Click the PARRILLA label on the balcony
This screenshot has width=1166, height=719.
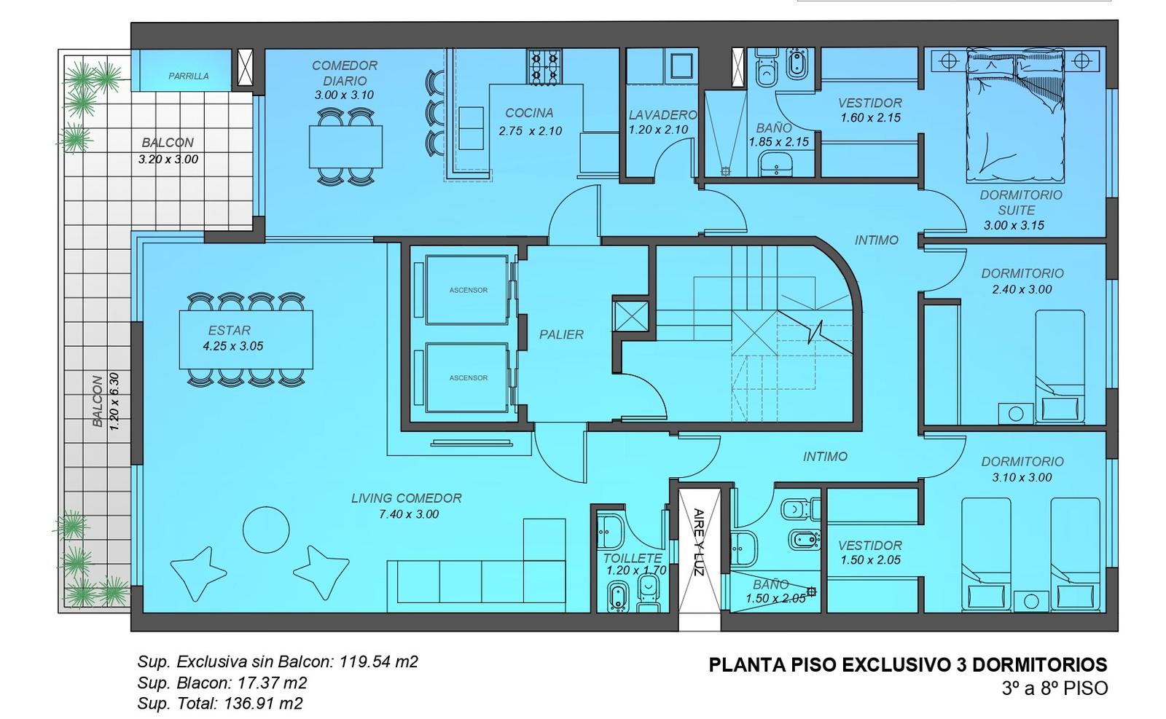189,76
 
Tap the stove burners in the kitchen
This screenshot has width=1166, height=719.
544,66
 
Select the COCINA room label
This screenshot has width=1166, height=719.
529,113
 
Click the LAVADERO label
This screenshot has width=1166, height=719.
662,114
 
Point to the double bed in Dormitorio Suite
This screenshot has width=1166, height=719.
1014,115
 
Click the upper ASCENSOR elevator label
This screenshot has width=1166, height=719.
469,291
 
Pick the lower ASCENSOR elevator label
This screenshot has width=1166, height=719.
469,377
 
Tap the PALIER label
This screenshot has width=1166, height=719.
561,334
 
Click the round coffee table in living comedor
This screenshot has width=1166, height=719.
266,530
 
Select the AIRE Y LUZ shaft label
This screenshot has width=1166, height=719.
699,541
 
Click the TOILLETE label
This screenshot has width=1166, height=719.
633,558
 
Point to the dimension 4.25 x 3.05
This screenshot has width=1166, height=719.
233,346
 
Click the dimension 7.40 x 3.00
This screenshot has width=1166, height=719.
409,514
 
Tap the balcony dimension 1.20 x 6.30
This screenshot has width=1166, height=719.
114,401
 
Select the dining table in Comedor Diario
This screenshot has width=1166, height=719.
345,146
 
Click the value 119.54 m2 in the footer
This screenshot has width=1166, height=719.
379,661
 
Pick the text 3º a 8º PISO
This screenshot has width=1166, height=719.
1055,688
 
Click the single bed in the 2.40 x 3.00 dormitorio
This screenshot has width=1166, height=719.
1060,366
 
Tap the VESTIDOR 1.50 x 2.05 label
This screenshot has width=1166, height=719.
870,552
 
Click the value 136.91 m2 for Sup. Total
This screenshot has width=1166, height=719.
263,704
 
